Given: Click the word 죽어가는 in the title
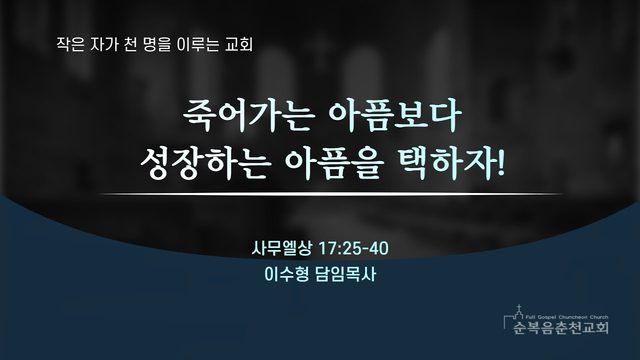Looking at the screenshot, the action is pyautogui.click(x=248, y=117).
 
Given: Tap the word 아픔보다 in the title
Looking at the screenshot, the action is pyautogui.click(x=395, y=117).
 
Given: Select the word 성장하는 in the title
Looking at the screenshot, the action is pyautogui.click(x=206, y=164).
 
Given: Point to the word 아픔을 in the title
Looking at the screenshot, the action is pyautogui.click(x=334, y=164).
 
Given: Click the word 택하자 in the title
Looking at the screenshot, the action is pyautogui.click(x=446, y=164).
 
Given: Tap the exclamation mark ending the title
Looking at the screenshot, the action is pyautogui.click(x=501, y=164).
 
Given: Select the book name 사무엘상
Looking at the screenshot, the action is pyautogui.click(x=282, y=248).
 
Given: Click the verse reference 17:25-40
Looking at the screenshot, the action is pyautogui.click(x=353, y=248).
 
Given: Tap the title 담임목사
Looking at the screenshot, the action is pyautogui.click(x=345, y=274).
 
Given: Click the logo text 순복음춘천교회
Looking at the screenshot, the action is pyautogui.click(x=561, y=327).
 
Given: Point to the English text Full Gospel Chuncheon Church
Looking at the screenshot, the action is pyautogui.click(x=567, y=317).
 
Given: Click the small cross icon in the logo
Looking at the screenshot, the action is pyautogui.click(x=519, y=308).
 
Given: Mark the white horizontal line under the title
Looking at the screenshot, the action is pyautogui.click(x=331, y=194).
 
